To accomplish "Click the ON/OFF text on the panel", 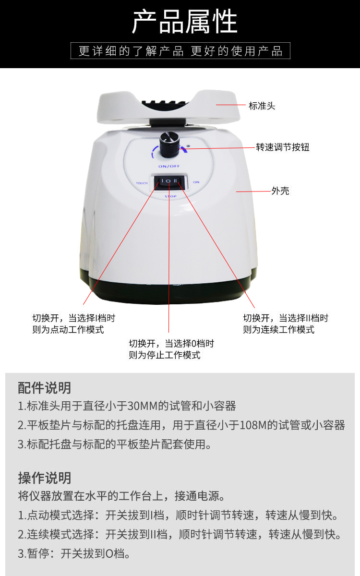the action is coord(169,167).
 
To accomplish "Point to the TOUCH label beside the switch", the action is coord(142,183).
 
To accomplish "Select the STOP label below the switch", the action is coord(170,196).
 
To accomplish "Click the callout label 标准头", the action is coord(262,106).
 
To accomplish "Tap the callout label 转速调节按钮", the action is coord(282,147).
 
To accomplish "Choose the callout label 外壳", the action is coord(280,191).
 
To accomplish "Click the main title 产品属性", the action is coord(184,22).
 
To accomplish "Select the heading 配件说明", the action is coord(44,388).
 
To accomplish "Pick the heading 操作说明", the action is coord(44,478).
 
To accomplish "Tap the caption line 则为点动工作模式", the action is coord(68,330).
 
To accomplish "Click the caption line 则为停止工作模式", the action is coord(164,355).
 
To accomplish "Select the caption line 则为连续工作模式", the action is coord(278,330).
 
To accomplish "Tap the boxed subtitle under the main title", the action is coord(180,51).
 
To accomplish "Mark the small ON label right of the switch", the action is coord(196,182).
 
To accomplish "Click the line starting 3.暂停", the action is coord(74,553).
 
